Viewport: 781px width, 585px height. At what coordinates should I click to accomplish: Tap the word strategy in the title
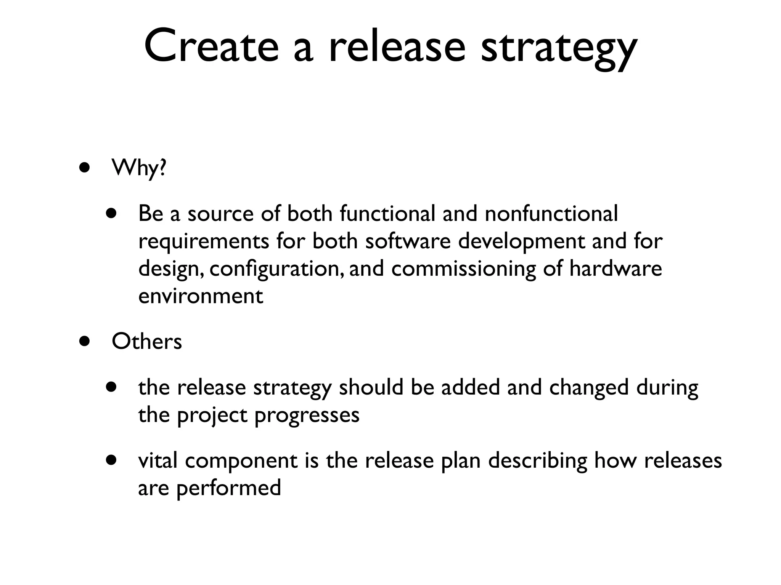tap(559, 48)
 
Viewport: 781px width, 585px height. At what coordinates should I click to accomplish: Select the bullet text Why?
tap(139, 168)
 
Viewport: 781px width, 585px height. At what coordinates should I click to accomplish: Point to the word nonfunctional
tap(551, 213)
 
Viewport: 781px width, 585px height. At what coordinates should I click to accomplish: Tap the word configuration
tap(275, 269)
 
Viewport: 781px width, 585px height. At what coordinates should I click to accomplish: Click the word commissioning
tap(464, 269)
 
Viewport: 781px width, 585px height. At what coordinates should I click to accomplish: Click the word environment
tap(201, 296)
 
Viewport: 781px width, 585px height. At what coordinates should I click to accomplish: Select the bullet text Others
tap(147, 341)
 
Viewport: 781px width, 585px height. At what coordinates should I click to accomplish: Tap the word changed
tap(588, 387)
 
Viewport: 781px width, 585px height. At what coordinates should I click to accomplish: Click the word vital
tap(157, 460)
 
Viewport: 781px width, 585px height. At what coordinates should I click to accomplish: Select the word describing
tap(538, 461)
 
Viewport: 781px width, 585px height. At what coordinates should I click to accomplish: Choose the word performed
tap(228, 489)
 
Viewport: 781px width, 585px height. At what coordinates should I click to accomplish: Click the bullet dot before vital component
tap(111, 460)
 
